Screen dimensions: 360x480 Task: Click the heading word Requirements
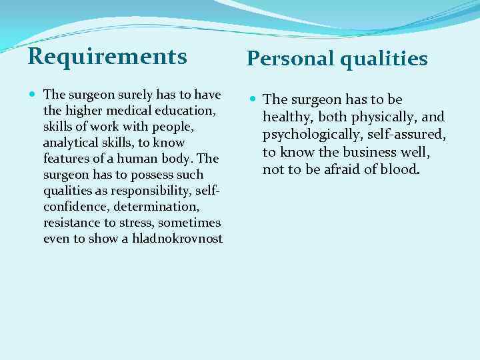[x=107, y=56]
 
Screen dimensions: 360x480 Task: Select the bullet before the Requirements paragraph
[x=33, y=95]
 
